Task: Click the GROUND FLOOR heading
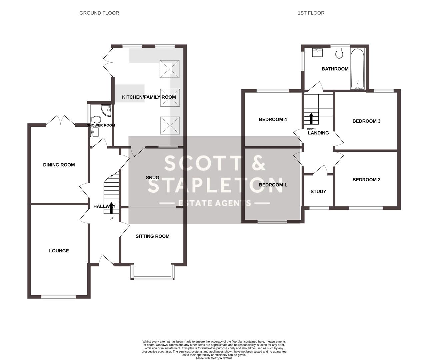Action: [x=99, y=13]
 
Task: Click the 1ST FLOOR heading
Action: [x=311, y=13]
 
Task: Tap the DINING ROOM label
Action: [x=59, y=165]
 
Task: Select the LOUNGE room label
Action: [x=59, y=251]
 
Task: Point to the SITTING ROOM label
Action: [x=152, y=236]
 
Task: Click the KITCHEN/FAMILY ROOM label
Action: [x=149, y=97]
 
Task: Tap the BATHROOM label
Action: [x=335, y=69]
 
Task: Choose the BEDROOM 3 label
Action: [x=366, y=121]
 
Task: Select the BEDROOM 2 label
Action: [x=366, y=180]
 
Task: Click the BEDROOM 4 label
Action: [x=273, y=119]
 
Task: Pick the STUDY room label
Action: [x=318, y=192]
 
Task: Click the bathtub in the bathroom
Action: [x=358, y=69]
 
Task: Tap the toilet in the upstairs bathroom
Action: [x=339, y=54]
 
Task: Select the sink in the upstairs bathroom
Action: [x=317, y=53]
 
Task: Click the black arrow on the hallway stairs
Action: [x=111, y=207]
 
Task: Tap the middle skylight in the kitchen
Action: [x=170, y=97]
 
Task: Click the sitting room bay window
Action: [x=153, y=277]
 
